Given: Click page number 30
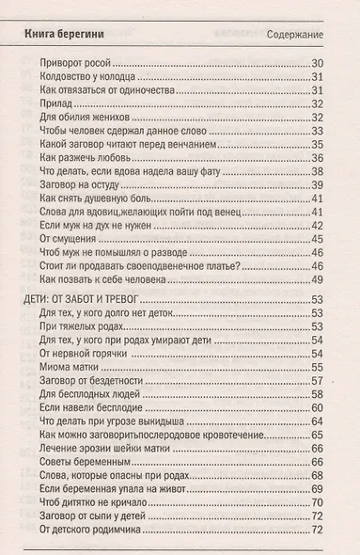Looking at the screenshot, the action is pyautogui.click(x=317, y=63).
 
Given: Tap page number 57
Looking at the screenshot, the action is pyautogui.click(x=317, y=381).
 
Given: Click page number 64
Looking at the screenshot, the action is pyautogui.click(x=317, y=422).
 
